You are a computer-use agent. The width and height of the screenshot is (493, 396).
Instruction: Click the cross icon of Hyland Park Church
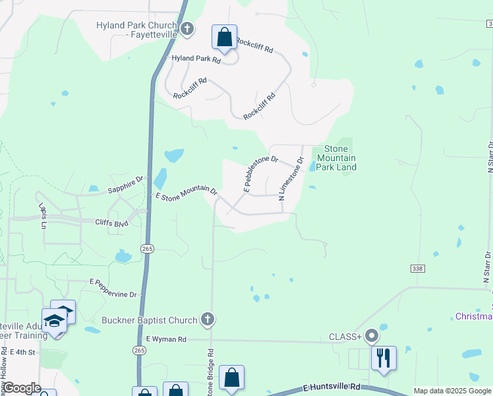coord(188,29)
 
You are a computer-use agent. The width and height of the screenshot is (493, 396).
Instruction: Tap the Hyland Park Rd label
coord(196,58)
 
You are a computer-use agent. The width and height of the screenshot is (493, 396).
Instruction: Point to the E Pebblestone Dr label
coord(261,174)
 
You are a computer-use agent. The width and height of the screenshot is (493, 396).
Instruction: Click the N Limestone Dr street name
coord(291,178)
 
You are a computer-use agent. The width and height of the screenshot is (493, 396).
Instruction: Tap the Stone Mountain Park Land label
coord(336,158)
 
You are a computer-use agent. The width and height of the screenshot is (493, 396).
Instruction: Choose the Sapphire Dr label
coord(125,185)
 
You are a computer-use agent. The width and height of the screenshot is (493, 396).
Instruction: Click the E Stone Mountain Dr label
coord(187,192)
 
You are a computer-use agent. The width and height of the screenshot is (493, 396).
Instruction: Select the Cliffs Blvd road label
coord(111,223)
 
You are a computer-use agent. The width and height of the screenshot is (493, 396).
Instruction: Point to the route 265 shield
coord(146,248)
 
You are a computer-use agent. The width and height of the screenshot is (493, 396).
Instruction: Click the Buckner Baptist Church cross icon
coord(208,320)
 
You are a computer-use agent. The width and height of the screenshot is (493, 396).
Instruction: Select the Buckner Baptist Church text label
coord(150,321)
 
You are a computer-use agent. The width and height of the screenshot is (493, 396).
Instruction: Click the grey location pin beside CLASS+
coord(372,336)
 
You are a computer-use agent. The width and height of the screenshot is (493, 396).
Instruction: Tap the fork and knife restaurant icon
coord(383,358)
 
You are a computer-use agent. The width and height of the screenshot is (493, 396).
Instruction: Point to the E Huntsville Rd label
coord(333,387)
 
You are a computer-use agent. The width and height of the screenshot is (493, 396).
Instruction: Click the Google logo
coord(22,388)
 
